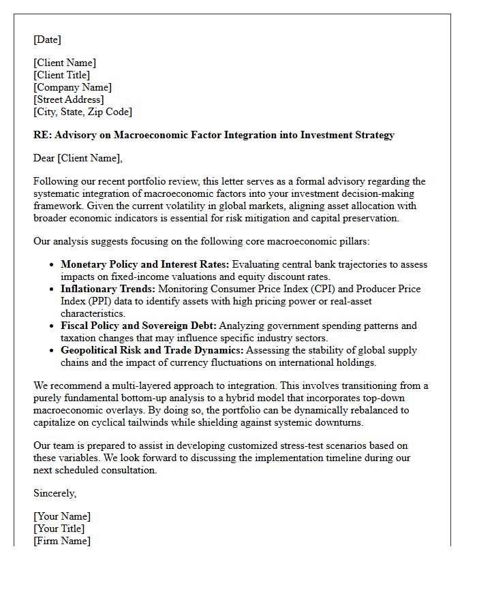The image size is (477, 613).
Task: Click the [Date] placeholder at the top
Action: pos(47,40)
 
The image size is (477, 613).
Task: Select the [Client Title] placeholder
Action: pos(61,75)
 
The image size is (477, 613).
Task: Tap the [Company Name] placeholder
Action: pos(72,87)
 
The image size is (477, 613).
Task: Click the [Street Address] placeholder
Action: pos(68,99)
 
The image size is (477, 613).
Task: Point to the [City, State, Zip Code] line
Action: pos(82,112)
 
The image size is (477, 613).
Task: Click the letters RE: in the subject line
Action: pos(42,135)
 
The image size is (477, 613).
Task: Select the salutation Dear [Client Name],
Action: pos(78,158)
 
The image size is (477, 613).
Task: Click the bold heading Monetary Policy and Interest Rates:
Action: pos(145,264)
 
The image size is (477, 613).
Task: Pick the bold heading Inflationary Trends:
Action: pos(108,289)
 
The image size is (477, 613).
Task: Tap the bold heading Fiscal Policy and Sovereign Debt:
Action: pos(138,326)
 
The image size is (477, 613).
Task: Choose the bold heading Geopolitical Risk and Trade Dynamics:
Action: pos(151,350)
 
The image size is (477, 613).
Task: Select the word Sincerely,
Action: pos(55,493)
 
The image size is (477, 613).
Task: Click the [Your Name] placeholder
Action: pos(62,516)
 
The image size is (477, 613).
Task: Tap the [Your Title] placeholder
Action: pos(59,529)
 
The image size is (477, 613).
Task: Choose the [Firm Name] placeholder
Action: pos(62,541)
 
